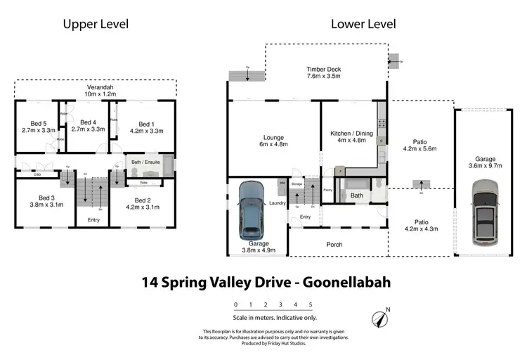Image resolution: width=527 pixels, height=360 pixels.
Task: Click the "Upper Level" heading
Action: (x=96, y=24)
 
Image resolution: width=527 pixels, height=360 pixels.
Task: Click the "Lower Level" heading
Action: (x=363, y=24)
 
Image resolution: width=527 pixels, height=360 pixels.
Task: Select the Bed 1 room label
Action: (x=146, y=127)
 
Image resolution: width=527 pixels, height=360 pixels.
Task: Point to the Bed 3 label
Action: (x=46, y=201)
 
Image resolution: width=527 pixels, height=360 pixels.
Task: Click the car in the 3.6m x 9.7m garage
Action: (x=484, y=210)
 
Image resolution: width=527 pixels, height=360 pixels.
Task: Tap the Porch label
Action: (x=334, y=245)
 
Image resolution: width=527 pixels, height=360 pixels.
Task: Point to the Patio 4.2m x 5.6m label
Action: (x=419, y=146)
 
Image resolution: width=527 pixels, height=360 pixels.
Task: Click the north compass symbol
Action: (x=382, y=318)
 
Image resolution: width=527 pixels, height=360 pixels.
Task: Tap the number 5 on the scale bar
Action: (x=310, y=304)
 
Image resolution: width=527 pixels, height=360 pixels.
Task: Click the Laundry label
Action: (x=277, y=204)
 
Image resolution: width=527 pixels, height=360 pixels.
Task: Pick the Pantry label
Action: (x=327, y=190)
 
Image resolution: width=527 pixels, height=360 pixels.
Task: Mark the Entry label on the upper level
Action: (x=93, y=220)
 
